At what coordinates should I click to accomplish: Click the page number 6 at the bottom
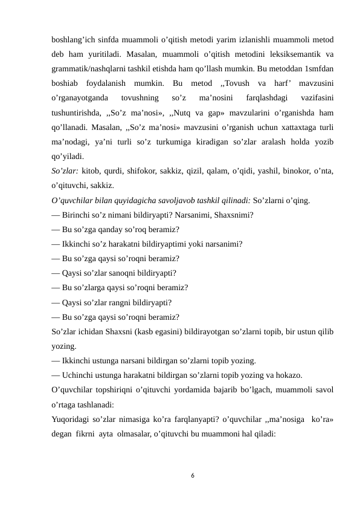pyautogui.click(x=191, y=476)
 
